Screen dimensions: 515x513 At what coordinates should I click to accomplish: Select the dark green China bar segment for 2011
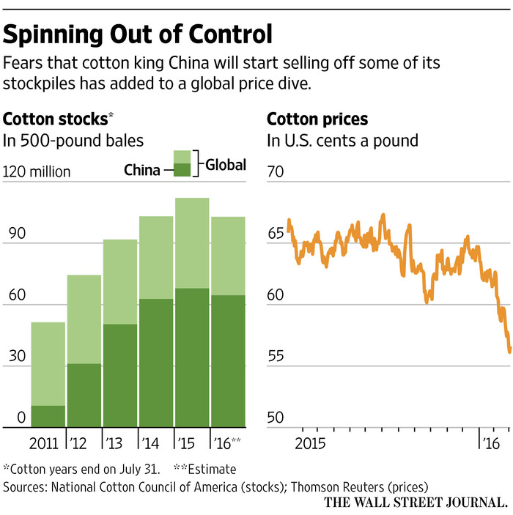pyautogui.click(x=48, y=416)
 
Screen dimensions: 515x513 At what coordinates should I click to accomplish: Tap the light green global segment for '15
pyautogui.click(x=192, y=243)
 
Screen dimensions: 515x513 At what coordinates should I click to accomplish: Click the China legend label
pyautogui.click(x=142, y=171)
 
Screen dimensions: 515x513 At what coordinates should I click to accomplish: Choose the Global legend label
pyautogui.click(x=225, y=165)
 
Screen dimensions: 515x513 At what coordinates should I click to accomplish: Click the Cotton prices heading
pyautogui.click(x=317, y=119)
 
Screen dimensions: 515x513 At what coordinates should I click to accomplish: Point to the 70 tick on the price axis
pyautogui.click(x=276, y=173)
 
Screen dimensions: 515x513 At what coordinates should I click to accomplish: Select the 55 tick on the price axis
pyautogui.click(x=276, y=357)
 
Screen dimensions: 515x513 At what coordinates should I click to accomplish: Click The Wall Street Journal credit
pyautogui.click(x=418, y=503)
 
